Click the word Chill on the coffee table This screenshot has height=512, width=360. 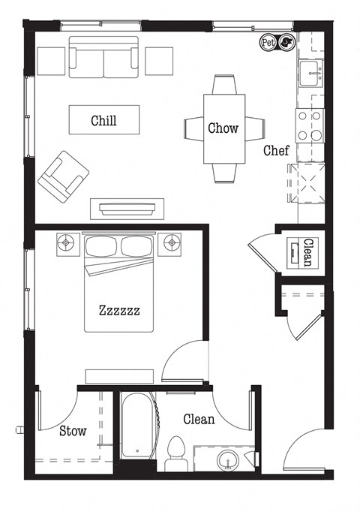pyautogui.click(x=103, y=120)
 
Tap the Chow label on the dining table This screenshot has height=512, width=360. pyautogui.click(x=223, y=128)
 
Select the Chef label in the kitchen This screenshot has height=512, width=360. pyautogui.click(x=276, y=151)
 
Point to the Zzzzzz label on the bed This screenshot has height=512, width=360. pyautogui.click(x=119, y=309)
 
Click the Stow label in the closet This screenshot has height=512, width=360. pyautogui.click(x=73, y=431)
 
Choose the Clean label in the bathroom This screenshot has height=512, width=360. pyautogui.click(x=199, y=420)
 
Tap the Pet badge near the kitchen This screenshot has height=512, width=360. pyautogui.click(x=268, y=43)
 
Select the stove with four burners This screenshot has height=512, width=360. pyautogui.click(x=310, y=125)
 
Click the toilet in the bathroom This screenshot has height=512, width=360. pyautogui.click(x=176, y=453)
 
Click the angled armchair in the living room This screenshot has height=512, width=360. pyautogui.click(x=64, y=176)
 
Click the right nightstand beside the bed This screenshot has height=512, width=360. pyautogui.click(x=172, y=243)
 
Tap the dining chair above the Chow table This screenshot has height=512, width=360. pyautogui.click(x=223, y=83)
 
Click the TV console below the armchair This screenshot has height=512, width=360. pyautogui.click(x=127, y=208)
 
